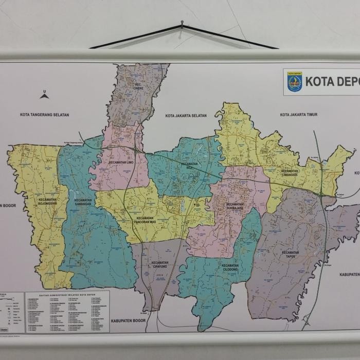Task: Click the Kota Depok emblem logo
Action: pos(295,82)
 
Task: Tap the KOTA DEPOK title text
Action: pos(332,82)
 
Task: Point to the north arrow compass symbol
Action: pos(44,95)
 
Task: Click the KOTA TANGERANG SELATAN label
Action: pos(44,115)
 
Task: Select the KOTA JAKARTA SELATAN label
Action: pos(186,116)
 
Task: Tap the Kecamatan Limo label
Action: pos(121,163)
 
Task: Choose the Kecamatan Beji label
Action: pos(190,166)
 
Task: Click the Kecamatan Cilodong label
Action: pos(230,267)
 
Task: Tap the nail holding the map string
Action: pos(182,23)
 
